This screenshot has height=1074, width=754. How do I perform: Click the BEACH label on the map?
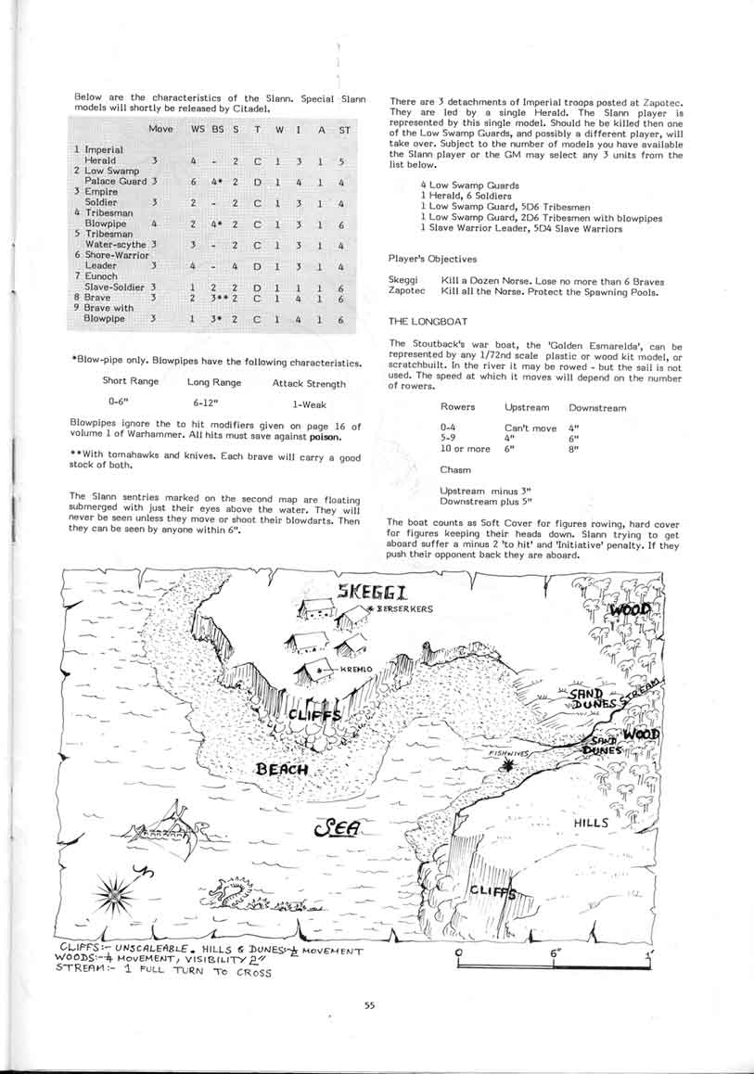coord(284,770)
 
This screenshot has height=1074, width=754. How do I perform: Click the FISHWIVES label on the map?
coord(511,755)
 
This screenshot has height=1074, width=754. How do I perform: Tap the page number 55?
coord(370,1004)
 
